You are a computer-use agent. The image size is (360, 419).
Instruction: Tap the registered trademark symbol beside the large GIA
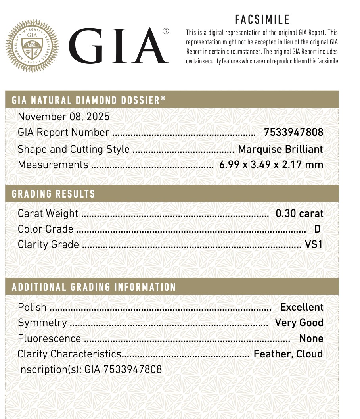pyautogui.click(x=166, y=31)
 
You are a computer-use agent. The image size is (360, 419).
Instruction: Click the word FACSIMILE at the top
pyautogui.click(x=262, y=19)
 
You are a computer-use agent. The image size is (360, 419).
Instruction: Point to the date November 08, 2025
pyautogui.click(x=63, y=117)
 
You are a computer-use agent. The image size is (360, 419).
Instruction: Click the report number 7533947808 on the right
pyautogui.click(x=293, y=132)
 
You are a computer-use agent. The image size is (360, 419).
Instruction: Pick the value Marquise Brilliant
pyautogui.click(x=280, y=149)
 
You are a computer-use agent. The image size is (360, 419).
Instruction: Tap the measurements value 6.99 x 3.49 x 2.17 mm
pyautogui.click(x=271, y=165)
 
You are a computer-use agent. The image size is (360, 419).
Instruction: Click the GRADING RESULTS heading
pyautogui.click(x=54, y=194)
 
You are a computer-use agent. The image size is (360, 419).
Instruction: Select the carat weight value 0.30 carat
pyautogui.click(x=299, y=213)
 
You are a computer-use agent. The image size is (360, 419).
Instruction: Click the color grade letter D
pyautogui.click(x=317, y=229)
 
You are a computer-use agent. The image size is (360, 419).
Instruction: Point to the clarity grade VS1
pyautogui.click(x=314, y=244)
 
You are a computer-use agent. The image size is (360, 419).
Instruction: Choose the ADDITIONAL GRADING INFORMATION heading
pyautogui.click(x=94, y=287)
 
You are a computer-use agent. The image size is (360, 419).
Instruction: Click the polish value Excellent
pyautogui.click(x=301, y=307)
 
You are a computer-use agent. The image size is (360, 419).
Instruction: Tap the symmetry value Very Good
pyautogui.click(x=299, y=323)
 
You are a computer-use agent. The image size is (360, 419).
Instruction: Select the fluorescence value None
pyautogui.click(x=311, y=338)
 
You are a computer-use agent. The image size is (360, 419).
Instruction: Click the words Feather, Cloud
pyautogui.click(x=288, y=354)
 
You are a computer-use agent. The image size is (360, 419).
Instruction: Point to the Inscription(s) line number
pyautogui.click(x=132, y=369)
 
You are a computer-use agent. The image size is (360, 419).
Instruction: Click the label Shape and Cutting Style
pyautogui.click(x=74, y=149)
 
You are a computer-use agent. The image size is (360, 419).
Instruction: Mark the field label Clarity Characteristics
pyautogui.click(x=69, y=354)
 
